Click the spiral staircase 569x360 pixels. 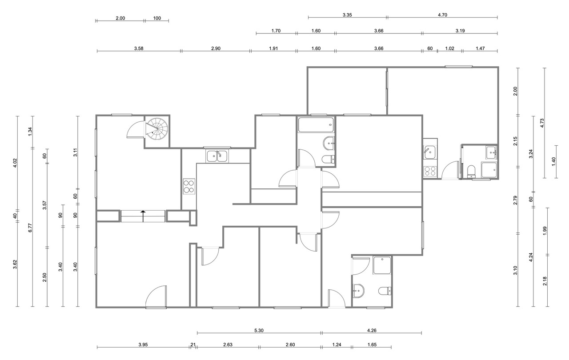(157, 129)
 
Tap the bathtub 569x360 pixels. (316, 124)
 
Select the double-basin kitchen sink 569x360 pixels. (217, 156)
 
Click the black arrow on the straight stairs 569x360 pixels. (143, 216)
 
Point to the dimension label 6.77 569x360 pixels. (30, 228)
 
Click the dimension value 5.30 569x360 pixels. (259, 330)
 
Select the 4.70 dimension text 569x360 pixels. (442, 15)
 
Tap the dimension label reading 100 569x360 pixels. (157, 18)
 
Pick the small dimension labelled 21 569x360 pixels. (193, 344)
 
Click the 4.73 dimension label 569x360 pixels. (542, 123)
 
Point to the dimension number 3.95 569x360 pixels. (143, 344)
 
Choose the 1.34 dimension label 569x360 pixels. (30, 131)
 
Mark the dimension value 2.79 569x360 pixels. (515, 200)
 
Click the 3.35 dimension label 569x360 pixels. (347, 15)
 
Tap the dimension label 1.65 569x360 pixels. (372, 344)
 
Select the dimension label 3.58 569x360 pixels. (139, 48)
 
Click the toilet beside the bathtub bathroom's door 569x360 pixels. (329, 159)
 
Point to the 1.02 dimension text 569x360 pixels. (449, 48)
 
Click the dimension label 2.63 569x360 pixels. (228, 344)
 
